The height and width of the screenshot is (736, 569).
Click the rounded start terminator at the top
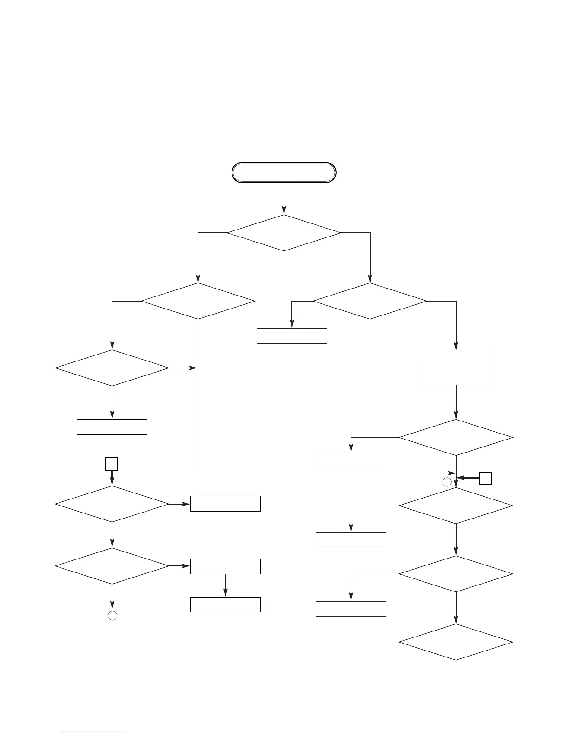point(284,172)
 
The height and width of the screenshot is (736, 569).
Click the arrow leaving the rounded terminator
point(284,198)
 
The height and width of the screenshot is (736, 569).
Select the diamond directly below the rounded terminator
point(284,233)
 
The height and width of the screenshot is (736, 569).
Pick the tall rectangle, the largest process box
point(456,368)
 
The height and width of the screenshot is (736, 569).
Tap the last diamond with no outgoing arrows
point(456,642)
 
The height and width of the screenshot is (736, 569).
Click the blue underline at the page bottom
point(93,732)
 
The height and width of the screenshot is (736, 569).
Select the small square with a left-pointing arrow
point(485,478)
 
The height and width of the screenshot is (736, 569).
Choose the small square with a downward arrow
point(111,464)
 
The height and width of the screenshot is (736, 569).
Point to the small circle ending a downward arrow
point(112,616)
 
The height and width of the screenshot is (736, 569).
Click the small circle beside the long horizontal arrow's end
point(447,482)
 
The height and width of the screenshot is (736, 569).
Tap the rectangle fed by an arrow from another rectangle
point(225,605)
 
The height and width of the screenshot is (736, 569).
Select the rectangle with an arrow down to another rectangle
point(225,566)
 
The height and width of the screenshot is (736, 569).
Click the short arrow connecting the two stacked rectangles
point(225,585)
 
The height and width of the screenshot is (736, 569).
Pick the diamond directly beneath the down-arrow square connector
point(112,504)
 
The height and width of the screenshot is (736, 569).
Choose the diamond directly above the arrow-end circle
point(112,566)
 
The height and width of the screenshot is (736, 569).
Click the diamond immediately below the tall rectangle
point(456,438)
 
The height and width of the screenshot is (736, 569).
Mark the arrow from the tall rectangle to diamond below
point(456,402)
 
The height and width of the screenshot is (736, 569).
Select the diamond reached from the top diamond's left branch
point(198,301)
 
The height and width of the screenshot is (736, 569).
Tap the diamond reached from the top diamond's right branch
point(370,301)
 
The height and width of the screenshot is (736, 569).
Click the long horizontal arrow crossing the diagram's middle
point(325,473)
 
